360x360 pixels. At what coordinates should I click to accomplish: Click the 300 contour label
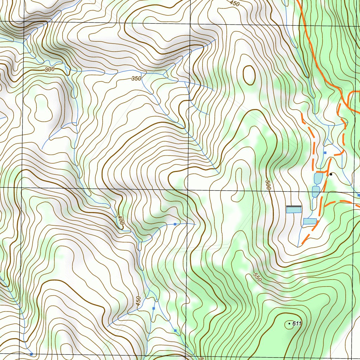[50, 70]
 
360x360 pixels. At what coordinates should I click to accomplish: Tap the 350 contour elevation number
[136, 78]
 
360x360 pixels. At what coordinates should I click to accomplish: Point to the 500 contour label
[268, 185]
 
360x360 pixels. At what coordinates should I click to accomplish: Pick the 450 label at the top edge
[234, 4]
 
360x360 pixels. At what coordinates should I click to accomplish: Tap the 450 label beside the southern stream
[138, 301]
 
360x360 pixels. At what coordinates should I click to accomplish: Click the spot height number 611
[297, 323]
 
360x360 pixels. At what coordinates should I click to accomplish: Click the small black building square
[331, 174]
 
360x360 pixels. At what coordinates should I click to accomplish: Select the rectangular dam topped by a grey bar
[294, 210]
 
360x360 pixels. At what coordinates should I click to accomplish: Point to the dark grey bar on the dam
[294, 206]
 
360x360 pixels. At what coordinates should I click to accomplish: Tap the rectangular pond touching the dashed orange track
[310, 221]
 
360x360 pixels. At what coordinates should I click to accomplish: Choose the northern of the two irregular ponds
[318, 179]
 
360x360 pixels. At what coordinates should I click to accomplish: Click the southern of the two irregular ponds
[316, 192]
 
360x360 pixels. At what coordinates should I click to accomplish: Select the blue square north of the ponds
[325, 153]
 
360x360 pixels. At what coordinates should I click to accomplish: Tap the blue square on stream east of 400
[175, 224]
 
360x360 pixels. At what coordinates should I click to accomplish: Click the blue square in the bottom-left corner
[31, 354]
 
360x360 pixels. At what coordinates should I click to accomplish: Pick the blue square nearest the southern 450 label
[154, 308]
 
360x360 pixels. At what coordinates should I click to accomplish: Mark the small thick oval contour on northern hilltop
[249, 75]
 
